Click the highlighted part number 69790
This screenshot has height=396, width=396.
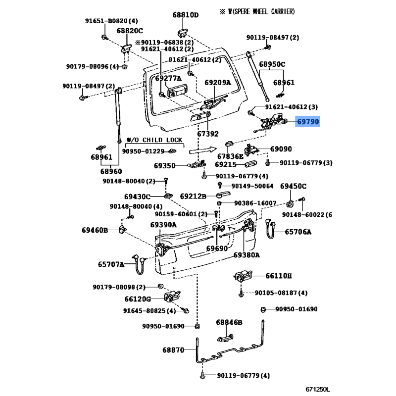[308, 122]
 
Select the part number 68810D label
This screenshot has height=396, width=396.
[185, 15]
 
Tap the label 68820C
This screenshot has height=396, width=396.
[130, 31]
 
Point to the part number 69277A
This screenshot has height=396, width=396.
[168, 78]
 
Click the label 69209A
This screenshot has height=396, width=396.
[218, 83]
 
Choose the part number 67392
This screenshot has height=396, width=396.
[207, 134]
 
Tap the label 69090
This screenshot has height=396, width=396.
[281, 149]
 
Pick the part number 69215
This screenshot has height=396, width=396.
[225, 164]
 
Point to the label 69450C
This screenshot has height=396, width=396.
[294, 186]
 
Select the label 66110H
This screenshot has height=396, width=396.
[279, 276]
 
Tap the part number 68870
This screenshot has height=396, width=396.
[173, 350]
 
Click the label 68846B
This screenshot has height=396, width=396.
[229, 323]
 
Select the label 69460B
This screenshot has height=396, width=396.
[95, 230]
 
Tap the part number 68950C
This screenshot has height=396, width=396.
[272, 65]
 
